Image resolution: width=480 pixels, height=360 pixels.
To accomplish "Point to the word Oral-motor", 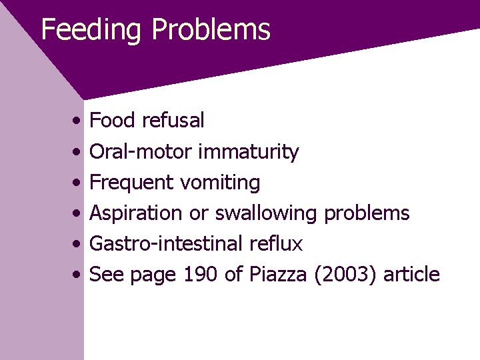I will pos(141,152).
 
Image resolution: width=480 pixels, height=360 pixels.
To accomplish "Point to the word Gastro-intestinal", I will pos(166,244).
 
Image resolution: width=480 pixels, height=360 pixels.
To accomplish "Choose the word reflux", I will pos(275,244).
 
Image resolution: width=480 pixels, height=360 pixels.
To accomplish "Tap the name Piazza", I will pos(279,275).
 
